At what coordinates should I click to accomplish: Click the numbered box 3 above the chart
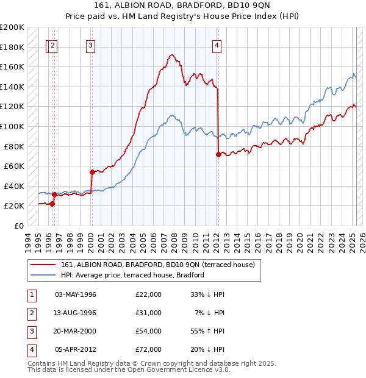point(90,45)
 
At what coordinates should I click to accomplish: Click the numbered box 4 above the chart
point(217,45)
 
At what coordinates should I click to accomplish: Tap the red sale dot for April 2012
point(218,154)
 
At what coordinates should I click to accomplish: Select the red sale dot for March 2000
point(91,172)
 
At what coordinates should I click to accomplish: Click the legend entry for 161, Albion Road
point(161,265)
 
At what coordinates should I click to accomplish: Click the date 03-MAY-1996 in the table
point(76,294)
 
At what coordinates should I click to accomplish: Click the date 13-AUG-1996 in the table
point(76,313)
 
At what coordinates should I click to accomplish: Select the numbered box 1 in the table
point(30,294)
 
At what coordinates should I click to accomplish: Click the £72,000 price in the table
point(148,349)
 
